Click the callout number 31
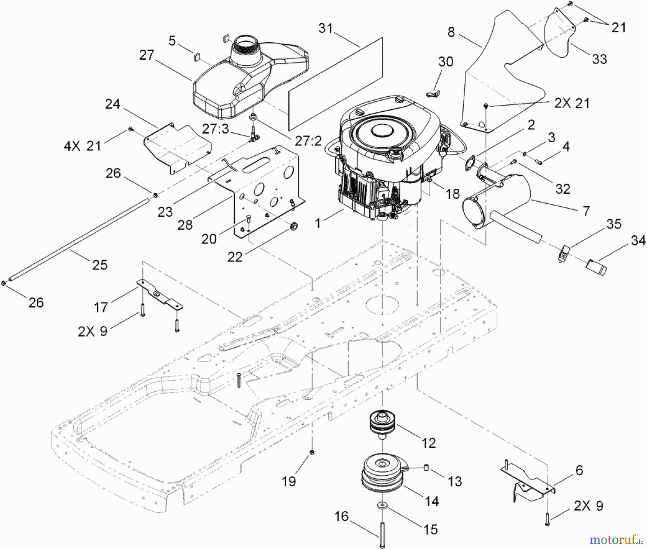[326, 28]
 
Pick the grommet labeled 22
[294, 227]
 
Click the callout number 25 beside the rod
[100, 265]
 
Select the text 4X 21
[82, 146]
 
